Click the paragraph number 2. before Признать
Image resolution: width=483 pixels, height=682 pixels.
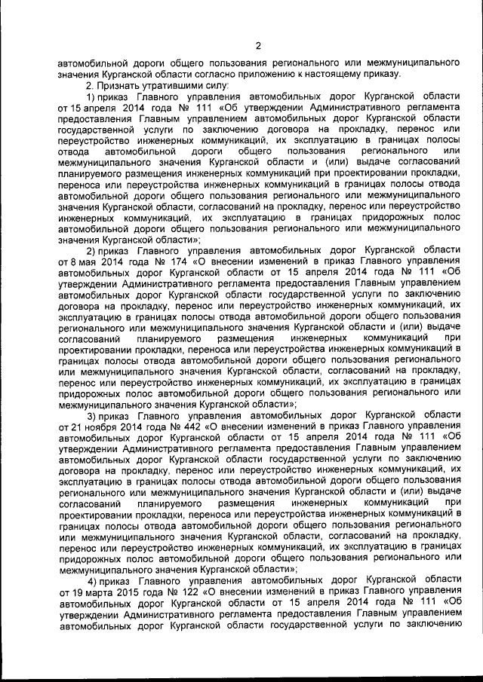pyautogui.click(x=91, y=86)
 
